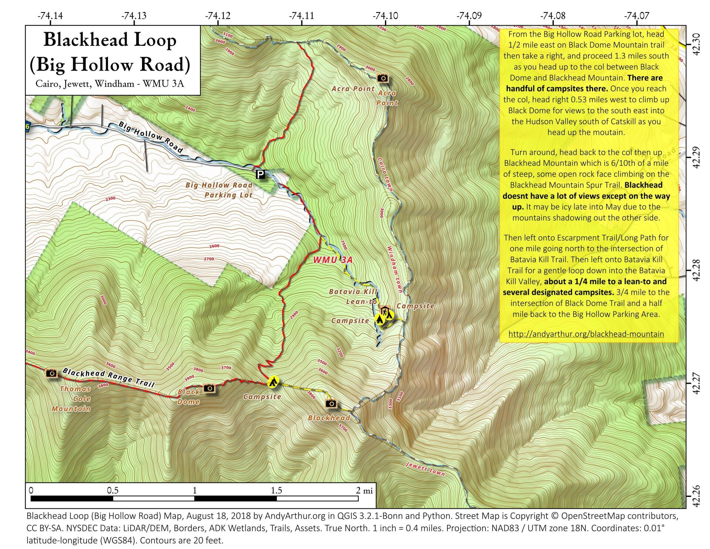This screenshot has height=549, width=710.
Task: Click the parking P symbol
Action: [260, 174]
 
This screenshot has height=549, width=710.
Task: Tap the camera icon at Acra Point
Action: [382, 78]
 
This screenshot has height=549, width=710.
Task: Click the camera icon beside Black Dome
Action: [209, 388]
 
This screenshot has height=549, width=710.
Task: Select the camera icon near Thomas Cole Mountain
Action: [51, 373]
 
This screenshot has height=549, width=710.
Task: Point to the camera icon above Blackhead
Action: [331, 403]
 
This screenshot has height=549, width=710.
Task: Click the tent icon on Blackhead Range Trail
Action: [273, 382]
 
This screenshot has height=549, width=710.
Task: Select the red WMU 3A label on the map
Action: [332, 260]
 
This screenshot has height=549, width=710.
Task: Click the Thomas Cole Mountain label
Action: [75, 399]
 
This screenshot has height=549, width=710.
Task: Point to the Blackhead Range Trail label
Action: [108, 377]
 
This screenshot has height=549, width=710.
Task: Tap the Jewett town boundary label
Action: [425, 469]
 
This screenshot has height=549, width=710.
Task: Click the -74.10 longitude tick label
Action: [385, 16]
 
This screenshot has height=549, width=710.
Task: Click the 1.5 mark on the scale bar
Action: [276, 491]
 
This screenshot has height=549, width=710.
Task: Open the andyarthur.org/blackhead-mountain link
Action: [586, 334]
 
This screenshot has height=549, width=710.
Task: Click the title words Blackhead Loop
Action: [110, 40]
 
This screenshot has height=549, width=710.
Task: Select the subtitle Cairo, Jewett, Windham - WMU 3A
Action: [110, 84]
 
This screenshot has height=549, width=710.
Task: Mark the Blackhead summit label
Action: [329, 418]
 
